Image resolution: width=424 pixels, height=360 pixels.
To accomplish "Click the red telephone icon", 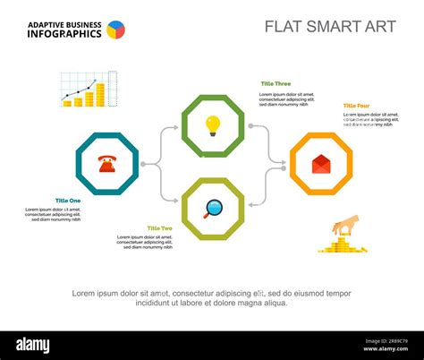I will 107,163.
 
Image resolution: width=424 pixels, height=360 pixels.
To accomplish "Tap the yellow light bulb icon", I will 213,124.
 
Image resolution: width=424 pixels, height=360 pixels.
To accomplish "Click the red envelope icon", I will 320,164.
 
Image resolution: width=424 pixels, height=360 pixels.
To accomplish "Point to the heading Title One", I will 67,201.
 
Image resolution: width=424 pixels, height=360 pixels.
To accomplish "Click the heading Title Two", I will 160,228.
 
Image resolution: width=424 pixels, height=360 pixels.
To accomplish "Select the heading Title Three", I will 276,83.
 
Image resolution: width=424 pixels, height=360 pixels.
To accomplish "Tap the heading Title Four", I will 356,106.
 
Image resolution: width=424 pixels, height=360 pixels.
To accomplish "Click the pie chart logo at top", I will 116,30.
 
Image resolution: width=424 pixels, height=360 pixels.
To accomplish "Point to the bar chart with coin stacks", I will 87,90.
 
